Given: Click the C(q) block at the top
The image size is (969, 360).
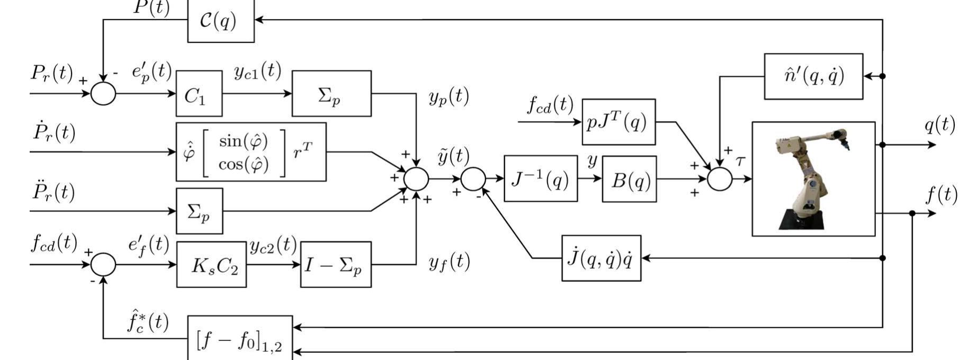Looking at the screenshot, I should (x=221, y=21).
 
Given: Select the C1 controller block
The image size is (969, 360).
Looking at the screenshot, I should (x=199, y=94).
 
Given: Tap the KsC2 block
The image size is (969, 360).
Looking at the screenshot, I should (x=211, y=265).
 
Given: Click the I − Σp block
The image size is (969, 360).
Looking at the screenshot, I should (x=336, y=265).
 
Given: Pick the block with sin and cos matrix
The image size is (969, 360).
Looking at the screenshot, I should (x=251, y=152).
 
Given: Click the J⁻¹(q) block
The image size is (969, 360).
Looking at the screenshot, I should (x=540, y=179).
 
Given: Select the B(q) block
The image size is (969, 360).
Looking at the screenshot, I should (x=629, y=179).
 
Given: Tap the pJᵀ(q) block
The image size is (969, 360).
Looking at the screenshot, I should (x=618, y=122).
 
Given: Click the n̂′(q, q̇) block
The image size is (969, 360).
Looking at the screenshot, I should (x=813, y=76).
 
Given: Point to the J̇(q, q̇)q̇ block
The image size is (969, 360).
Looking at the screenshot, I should (x=601, y=258).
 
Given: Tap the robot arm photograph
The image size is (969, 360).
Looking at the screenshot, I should (x=813, y=179).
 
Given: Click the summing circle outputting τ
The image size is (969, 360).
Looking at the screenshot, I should (x=720, y=179).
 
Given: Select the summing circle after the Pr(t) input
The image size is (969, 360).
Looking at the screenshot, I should (x=103, y=94).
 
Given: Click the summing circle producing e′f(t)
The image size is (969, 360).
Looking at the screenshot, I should (x=103, y=264).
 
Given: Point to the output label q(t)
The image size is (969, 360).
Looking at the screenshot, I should (x=939, y=125).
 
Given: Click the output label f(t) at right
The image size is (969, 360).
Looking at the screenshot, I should (x=941, y=195).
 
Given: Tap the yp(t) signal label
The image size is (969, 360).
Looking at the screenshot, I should (x=448, y=97).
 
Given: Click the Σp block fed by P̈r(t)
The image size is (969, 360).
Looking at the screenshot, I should (x=199, y=211).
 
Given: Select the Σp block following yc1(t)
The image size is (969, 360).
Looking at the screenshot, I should (x=331, y=94).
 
